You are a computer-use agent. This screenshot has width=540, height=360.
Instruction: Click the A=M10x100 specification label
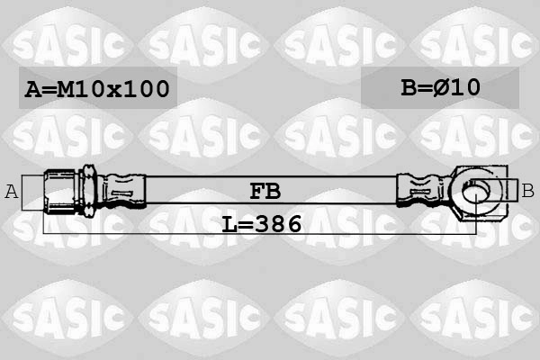click(x=97, y=89)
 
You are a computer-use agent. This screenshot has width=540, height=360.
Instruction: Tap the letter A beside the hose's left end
click(x=12, y=190)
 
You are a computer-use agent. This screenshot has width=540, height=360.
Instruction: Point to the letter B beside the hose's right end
click(x=527, y=190)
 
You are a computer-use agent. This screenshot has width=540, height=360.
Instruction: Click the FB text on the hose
click(x=264, y=190)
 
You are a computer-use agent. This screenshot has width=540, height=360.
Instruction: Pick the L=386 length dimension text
click(x=262, y=223)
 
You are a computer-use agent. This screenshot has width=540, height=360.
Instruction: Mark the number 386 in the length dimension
click(x=279, y=223)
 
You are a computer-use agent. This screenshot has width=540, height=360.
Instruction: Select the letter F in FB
click(x=256, y=190)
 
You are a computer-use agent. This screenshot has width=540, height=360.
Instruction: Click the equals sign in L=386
click(x=245, y=223)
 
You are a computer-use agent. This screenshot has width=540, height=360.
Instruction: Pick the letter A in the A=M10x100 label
click(x=33, y=89)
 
